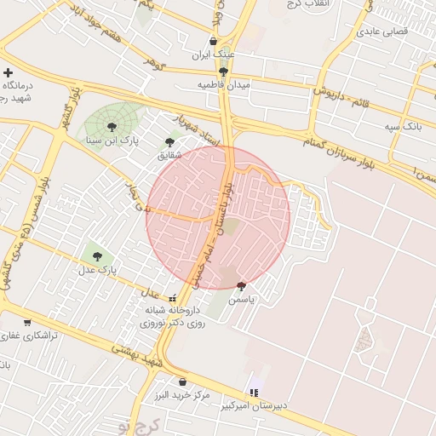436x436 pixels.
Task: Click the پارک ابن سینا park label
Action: [118, 139]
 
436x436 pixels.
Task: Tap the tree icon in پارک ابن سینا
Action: [112, 126]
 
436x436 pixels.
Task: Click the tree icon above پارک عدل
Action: [96, 255]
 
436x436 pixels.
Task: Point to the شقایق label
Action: [169, 156]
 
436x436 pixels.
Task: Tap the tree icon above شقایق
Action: [169, 142]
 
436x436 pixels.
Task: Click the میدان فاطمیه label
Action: [223, 85]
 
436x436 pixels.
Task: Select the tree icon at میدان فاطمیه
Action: [223, 72]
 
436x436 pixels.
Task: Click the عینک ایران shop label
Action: [212, 54]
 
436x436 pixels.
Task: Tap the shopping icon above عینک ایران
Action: [213, 41]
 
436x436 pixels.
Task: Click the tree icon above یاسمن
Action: [241, 286]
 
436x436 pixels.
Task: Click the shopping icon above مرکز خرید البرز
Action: [182, 382]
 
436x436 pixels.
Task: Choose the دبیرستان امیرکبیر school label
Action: [255, 405]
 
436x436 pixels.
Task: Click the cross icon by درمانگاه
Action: [9, 72]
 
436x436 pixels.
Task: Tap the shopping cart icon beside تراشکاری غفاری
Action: [28, 322]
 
